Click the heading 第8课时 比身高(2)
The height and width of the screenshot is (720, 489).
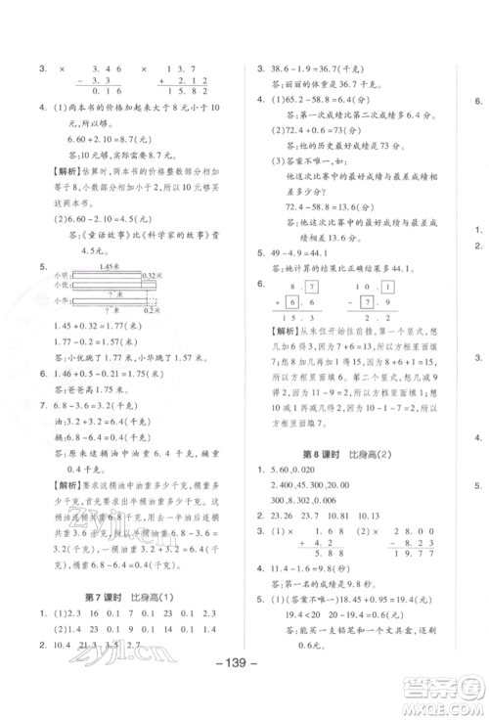click(337, 456)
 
